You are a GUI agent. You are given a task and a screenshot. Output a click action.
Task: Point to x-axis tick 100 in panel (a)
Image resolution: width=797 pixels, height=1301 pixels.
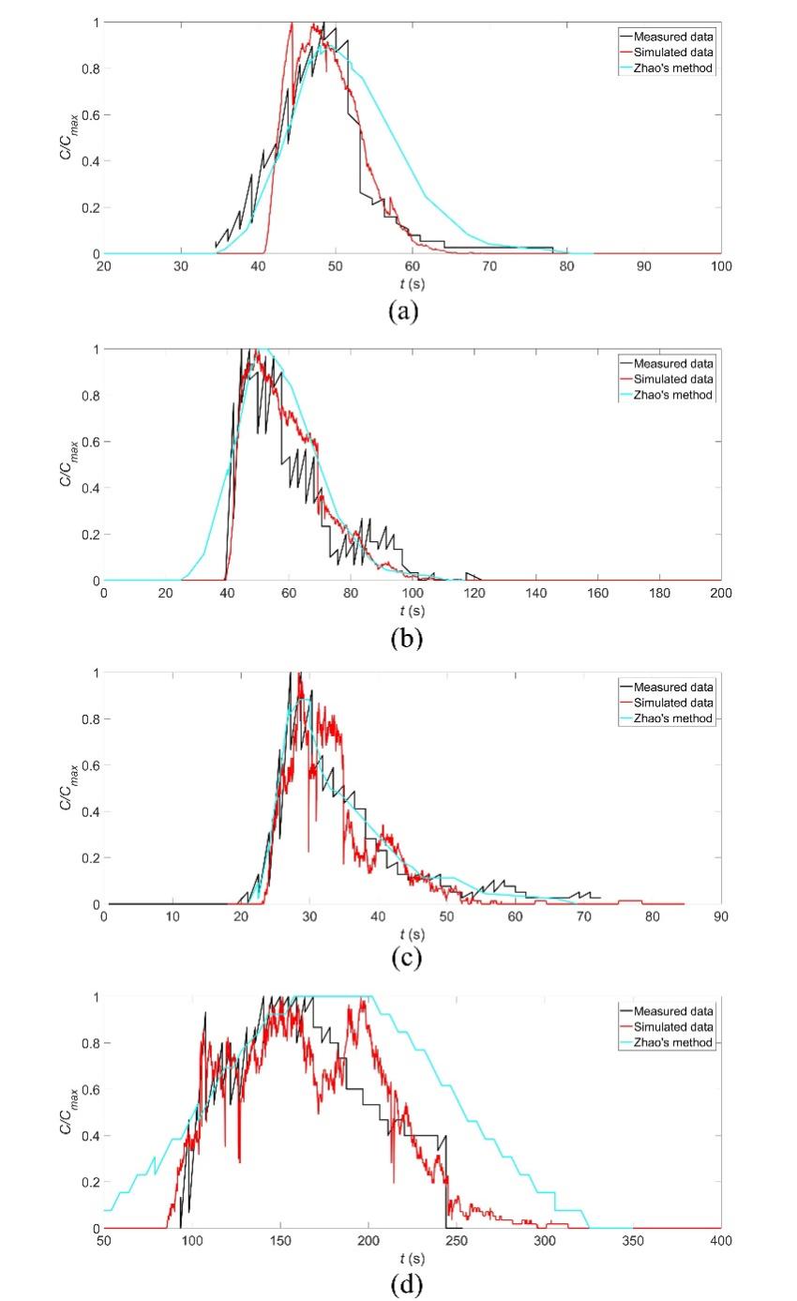721,266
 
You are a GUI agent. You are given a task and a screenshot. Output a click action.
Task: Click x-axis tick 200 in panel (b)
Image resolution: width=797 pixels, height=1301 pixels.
721,593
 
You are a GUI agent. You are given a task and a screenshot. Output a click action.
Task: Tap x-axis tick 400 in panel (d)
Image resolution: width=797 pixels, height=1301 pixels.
721,1241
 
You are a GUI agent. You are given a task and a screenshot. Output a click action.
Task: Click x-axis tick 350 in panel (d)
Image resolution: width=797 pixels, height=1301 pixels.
633,1241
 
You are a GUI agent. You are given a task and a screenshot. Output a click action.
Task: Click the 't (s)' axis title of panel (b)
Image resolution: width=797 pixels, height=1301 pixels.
412,611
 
